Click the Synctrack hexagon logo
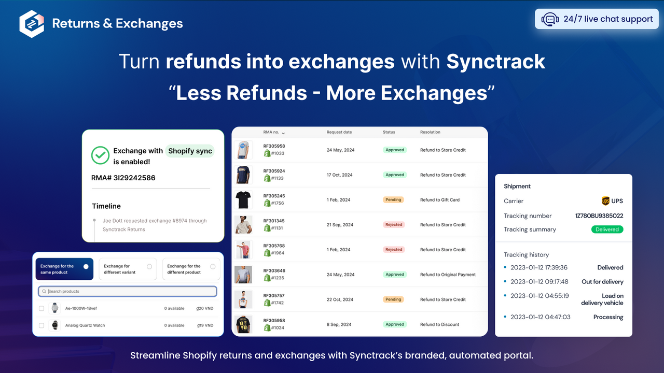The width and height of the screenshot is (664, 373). [x=32, y=24]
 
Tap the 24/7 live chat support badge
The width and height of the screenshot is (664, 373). [x=596, y=19]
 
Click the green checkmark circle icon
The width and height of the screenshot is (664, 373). [x=100, y=155]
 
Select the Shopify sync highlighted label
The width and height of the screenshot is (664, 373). [x=190, y=151]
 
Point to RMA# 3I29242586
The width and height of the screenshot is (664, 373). [x=123, y=178]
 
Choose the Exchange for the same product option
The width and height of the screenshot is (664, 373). [x=64, y=269]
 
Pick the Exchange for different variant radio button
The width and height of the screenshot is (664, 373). [x=149, y=266]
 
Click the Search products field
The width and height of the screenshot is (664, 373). [x=128, y=291]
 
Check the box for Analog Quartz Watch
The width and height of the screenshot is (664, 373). [x=41, y=325]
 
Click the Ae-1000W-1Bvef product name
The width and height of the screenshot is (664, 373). [x=81, y=308]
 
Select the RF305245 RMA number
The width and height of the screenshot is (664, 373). [x=274, y=196]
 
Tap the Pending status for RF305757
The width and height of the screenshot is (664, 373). [x=393, y=299]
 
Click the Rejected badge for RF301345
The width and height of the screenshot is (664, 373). [x=394, y=225]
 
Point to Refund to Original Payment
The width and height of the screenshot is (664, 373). [x=448, y=275]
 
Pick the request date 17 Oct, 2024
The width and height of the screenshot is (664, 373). [x=339, y=175]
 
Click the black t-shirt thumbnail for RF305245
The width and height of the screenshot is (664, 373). [x=243, y=199]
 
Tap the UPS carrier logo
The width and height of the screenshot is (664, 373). [x=605, y=201]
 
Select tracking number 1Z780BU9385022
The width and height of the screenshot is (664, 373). [x=599, y=216]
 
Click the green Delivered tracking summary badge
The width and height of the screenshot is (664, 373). [x=607, y=229]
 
